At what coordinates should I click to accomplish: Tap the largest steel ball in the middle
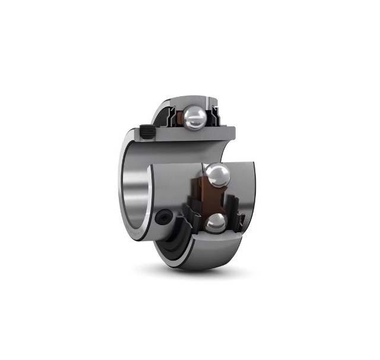click(x=218, y=178)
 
